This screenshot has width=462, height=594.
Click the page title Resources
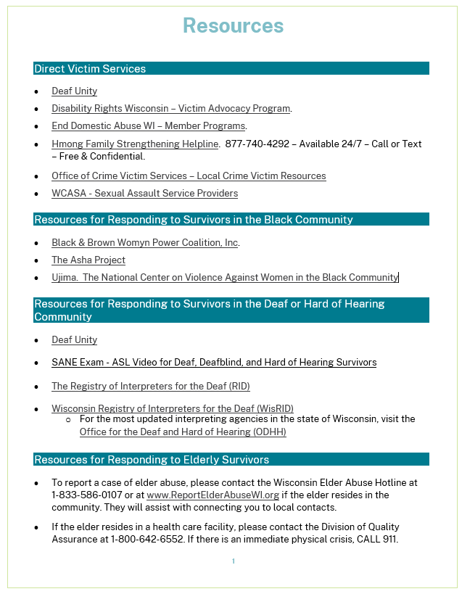(233, 26)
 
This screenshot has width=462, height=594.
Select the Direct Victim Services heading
(90, 69)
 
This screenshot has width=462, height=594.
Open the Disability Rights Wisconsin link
(170, 109)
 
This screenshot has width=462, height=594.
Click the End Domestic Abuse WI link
(148, 126)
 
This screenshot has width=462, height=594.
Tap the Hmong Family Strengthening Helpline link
(135, 144)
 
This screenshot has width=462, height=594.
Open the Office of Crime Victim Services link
(189, 176)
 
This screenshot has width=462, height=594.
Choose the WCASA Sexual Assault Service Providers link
(144, 194)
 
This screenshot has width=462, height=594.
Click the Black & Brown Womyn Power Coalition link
(145, 243)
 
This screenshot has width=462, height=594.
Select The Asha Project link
(88, 260)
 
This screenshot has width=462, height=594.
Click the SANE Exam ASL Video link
(214, 362)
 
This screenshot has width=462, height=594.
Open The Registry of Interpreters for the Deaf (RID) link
(151, 387)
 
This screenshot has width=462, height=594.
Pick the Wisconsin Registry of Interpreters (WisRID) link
(173, 409)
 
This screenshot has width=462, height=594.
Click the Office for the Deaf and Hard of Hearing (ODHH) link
(183, 432)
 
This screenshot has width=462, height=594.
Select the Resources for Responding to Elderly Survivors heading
(152, 460)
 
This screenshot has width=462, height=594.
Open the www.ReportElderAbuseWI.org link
(213, 495)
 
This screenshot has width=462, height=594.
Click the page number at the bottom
(234, 561)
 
